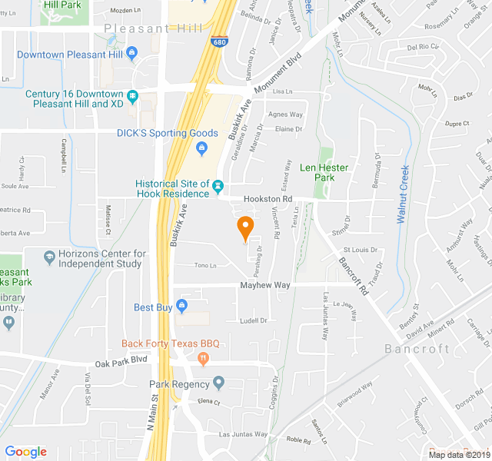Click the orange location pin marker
point(245,227)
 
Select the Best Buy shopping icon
point(181,307)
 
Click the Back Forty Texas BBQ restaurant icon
point(203,357)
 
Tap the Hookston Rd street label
point(268,198)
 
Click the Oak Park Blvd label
point(121,360)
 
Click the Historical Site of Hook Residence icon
point(218,186)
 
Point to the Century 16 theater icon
point(133,97)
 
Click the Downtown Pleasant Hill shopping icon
point(133,54)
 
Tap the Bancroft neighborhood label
point(417,349)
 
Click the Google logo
point(26,452)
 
